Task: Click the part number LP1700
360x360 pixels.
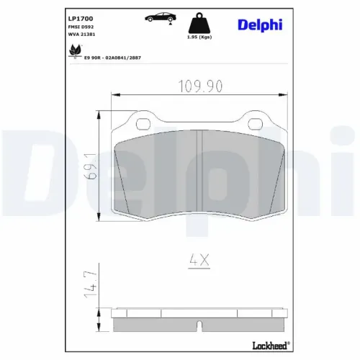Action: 81,19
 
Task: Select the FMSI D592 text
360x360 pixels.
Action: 81,27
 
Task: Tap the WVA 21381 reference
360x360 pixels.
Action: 81,35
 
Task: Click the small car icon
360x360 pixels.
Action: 161,17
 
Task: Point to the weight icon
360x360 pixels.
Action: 199,23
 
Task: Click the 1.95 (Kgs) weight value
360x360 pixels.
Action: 199,37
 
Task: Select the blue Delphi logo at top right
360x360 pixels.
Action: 260,25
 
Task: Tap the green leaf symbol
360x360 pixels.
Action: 75,51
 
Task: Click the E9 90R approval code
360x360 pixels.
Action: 112,58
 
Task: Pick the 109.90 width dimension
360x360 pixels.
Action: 200,86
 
